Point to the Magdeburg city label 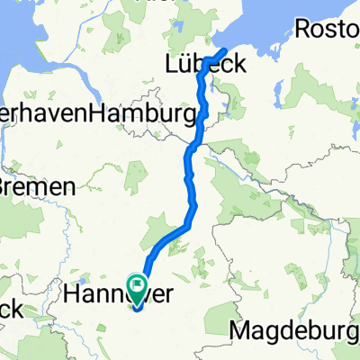[x=296, y=330]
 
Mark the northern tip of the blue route [x=224, y=49]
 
